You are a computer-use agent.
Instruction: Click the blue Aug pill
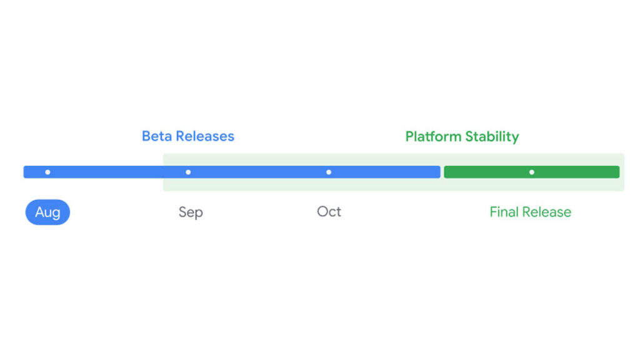[47, 212]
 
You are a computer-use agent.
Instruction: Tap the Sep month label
[191, 212]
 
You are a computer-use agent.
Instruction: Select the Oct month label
[329, 212]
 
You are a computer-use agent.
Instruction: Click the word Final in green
[504, 212]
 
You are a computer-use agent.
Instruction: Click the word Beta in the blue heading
[156, 136]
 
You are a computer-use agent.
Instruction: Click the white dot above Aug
[47, 172]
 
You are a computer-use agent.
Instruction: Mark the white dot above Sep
[188, 172]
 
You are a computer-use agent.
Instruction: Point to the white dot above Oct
[329, 172]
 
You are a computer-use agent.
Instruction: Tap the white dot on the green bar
[531, 172]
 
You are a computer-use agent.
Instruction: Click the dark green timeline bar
[487, 172]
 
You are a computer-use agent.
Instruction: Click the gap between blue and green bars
[442, 172]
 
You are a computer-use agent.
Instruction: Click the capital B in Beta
[147, 136]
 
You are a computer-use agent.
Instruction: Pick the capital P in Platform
[409, 136]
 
